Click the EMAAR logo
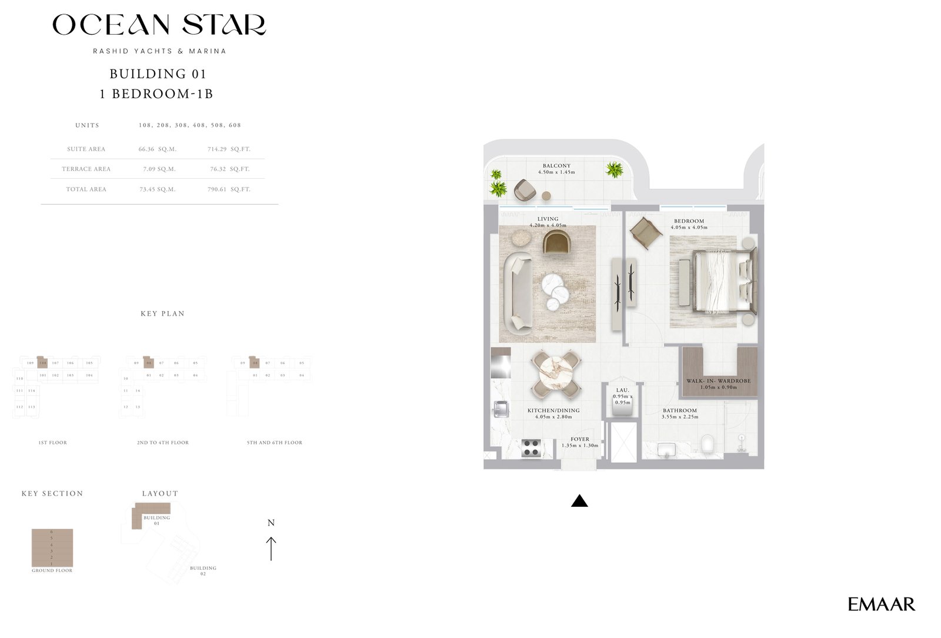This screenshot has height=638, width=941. [x=881, y=604]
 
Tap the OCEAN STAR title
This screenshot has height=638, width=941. [x=159, y=25]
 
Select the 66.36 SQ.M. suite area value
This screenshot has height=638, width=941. [x=157, y=149]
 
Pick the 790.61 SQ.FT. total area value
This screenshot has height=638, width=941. [x=229, y=189]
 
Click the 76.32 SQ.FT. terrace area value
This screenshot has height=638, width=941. [x=229, y=169]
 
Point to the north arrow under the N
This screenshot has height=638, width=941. [x=271, y=548]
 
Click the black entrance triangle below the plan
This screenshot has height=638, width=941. [x=579, y=501]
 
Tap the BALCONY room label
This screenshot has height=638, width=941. [x=556, y=166]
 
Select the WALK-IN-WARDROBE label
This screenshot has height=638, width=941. [x=718, y=381]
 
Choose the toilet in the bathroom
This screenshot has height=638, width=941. [x=708, y=444]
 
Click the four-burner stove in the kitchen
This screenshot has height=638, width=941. [x=532, y=448]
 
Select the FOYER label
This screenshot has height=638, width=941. [x=579, y=439]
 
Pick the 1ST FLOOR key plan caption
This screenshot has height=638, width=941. [x=53, y=443]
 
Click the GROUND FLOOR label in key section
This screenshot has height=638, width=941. [x=52, y=570]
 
